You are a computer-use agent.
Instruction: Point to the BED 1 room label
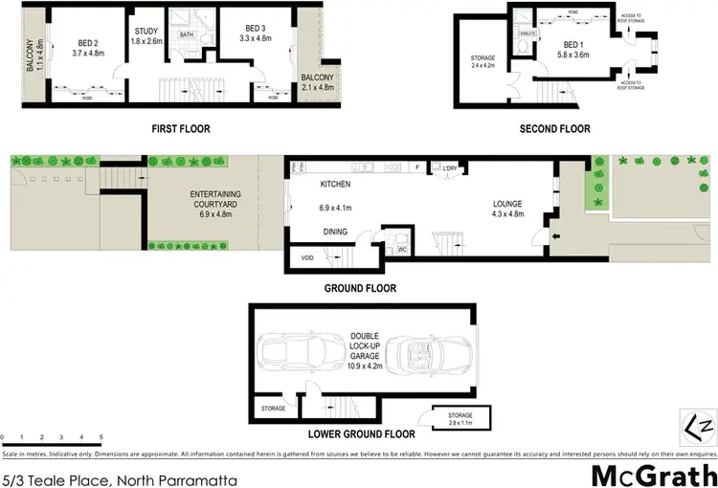click(572, 46)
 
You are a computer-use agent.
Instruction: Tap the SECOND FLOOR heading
click(555, 128)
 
